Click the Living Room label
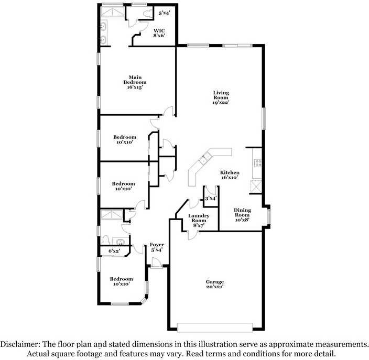[221, 97]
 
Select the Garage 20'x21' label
[214, 285]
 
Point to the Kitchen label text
[230, 175]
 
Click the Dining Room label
[242, 215]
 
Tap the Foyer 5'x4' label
[157, 247]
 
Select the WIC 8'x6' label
[159, 33]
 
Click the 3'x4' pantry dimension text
[211, 199]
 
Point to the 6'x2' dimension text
[114, 252]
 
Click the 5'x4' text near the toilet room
[164, 13]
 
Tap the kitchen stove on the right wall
[257, 162]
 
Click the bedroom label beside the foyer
[121, 281]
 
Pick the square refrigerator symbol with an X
[256, 186]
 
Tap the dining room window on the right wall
[269, 215]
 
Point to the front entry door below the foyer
[157, 266]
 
